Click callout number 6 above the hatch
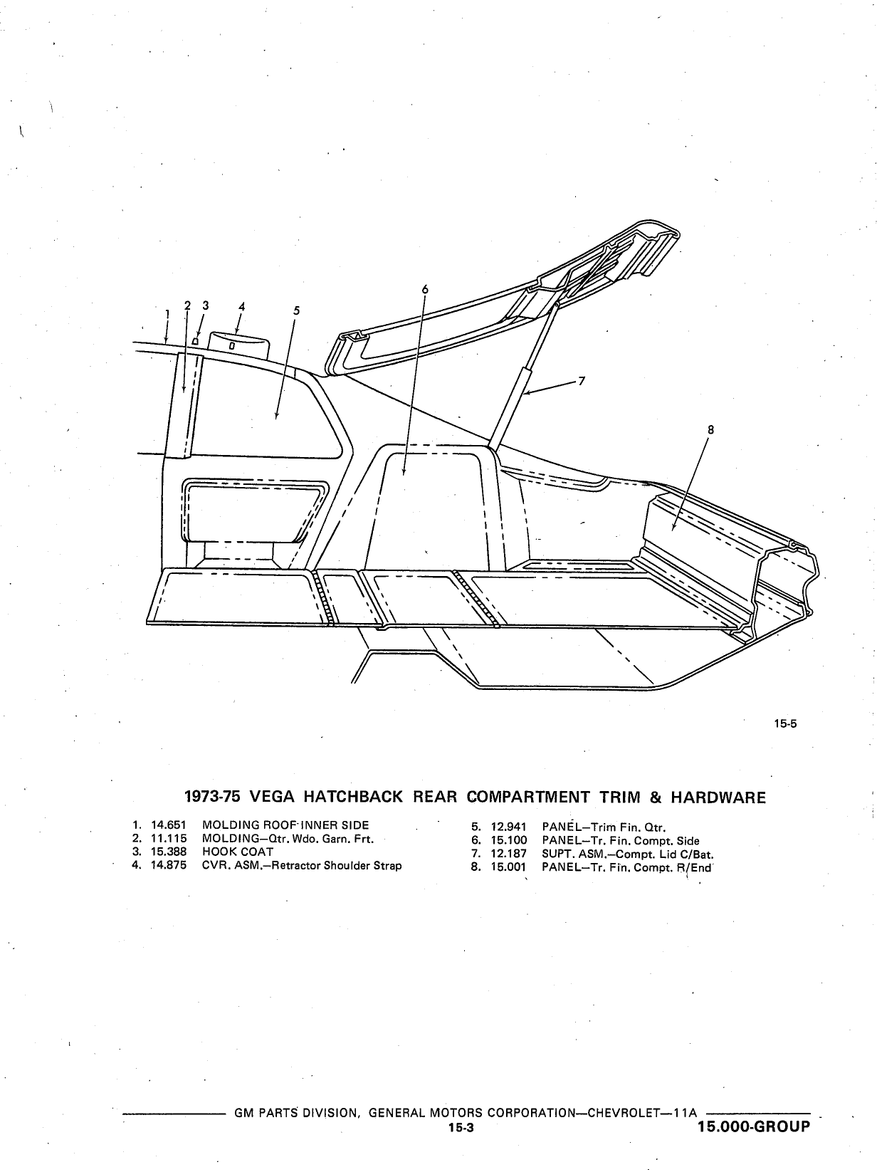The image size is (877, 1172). coord(425,289)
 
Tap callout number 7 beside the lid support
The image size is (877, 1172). coord(582,381)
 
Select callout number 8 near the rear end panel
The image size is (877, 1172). coord(710,430)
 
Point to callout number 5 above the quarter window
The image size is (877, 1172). coord(297,310)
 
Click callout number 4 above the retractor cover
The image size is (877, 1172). coord(242,306)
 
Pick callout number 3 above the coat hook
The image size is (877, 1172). coord(206,305)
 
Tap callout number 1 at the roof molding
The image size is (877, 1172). coord(167,315)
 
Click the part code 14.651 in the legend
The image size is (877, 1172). coord(169,825)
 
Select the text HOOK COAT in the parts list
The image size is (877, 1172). coord(238,852)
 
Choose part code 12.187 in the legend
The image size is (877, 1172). coord(509,854)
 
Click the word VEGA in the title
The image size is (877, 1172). coord(272,797)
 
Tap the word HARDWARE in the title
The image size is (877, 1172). coord(718,797)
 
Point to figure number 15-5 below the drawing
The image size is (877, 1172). coord(786,724)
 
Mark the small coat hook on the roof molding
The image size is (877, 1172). coord(195,340)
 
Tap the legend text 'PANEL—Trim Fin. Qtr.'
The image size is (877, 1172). coord(604,828)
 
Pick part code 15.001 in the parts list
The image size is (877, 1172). coord(509,867)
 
